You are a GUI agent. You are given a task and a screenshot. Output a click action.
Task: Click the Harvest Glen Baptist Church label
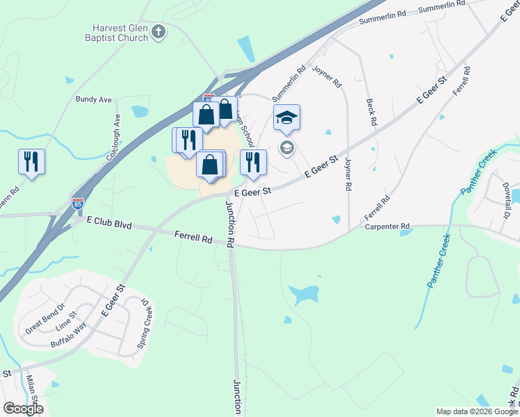tap(120, 33)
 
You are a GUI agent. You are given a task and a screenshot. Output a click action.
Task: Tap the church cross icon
tap(159, 31)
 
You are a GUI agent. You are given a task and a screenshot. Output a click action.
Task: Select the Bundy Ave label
tap(94, 100)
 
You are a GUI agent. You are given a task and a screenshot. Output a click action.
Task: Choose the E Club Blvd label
tap(108, 223)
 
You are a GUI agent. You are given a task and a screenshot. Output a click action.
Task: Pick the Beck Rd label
tap(372, 111)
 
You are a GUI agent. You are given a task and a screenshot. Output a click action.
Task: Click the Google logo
tap(23, 409)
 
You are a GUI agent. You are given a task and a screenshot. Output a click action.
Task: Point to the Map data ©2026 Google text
tap(476, 411)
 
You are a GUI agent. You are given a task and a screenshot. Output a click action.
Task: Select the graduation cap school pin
tap(286, 118)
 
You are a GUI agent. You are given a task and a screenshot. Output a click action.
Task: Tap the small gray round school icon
tap(286, 147)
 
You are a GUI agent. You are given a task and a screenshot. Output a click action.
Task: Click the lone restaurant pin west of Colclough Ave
tap(31, 162)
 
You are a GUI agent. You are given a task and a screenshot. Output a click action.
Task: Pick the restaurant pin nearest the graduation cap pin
tap(254, 163)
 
